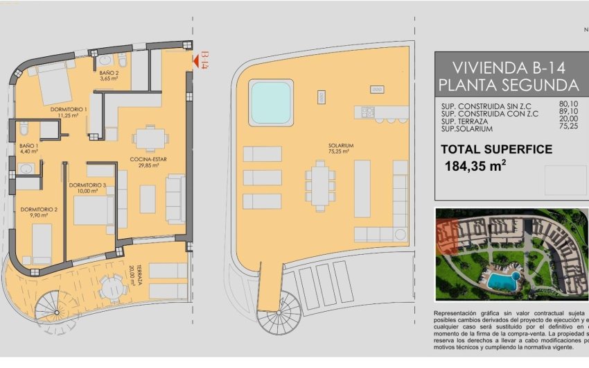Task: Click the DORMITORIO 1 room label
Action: point(68,110)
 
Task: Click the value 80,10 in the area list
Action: point(568,104)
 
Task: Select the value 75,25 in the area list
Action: point(568,129)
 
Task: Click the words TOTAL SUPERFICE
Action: point(497,149)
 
